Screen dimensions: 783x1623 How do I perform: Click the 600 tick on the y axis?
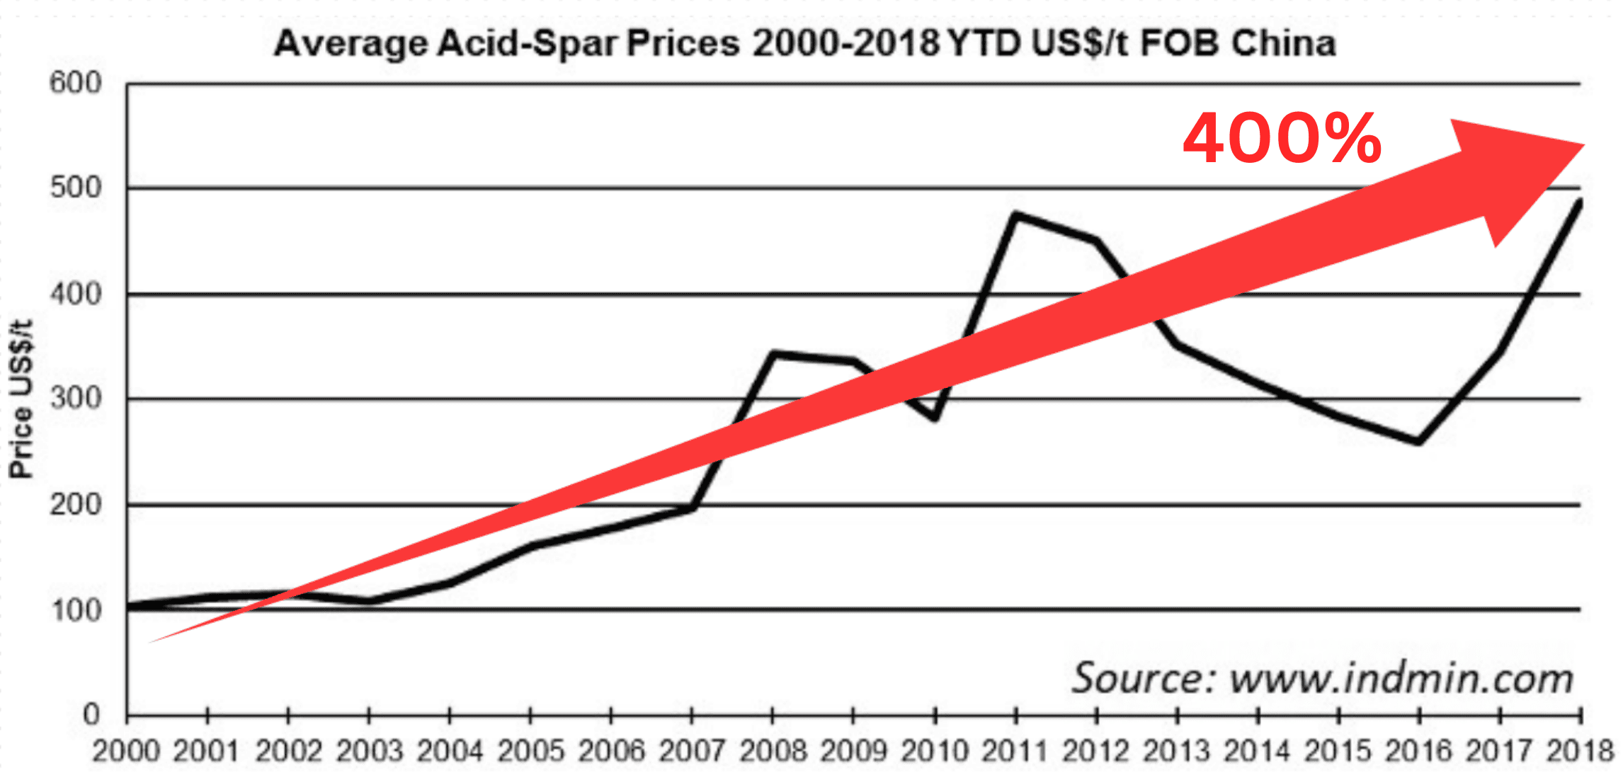pyautogui.click(x=76, y=83)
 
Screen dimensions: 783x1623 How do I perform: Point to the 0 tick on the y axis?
pyautogui.click(x=91, y=714)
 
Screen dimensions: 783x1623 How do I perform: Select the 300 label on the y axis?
pyautogui.click(x=76, y=398)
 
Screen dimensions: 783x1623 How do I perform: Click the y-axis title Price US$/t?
pyautogui.click(x=21, y=399)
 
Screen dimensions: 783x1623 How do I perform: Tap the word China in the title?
pyautogui.click(x=1283, y=44)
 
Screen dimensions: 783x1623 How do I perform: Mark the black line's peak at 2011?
pyautogui.click(x=1015, y=214)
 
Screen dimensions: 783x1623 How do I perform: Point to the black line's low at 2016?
pyautogui.click(x=1418, y=442)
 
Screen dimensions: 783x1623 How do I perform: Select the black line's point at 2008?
pyautogui.click(x=773, y=353)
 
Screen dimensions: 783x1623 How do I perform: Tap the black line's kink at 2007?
pyautogui.click(x=693, y=507)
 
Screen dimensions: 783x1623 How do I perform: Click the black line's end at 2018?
pyautogui.click(x=1580, y=202)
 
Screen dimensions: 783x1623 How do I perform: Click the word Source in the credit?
pyautogui.click(x=1142, y=678)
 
